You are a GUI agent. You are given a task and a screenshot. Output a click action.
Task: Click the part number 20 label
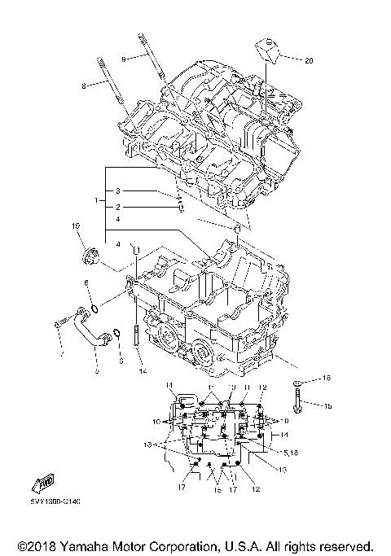click(308, 60)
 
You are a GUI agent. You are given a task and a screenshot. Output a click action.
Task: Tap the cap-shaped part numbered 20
click(270, 50)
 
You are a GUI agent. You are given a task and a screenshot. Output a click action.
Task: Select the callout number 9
click(124, 59)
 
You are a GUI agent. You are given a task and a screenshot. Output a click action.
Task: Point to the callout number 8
click(83, 85)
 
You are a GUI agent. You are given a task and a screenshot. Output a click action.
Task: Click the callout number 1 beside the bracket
click(96, 199)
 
